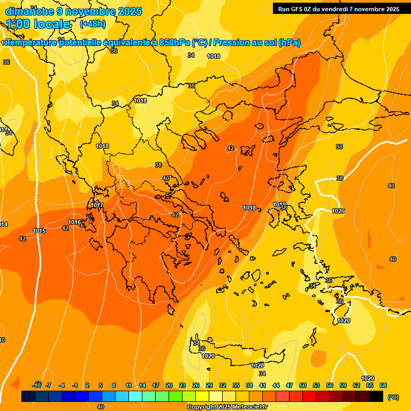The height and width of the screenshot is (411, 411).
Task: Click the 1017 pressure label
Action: (97, 205)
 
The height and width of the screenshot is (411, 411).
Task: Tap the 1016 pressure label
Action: (74, 222)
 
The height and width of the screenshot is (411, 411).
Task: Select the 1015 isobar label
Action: (39, 231)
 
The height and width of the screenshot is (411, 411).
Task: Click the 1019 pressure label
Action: (279, 204)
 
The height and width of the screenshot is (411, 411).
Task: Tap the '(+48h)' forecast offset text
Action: (93, 24)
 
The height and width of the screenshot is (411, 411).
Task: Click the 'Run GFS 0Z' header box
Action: (339, 9)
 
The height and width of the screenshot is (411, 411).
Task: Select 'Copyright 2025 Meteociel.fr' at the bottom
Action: (227, 407)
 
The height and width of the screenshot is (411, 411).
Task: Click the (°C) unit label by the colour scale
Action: (393, 397)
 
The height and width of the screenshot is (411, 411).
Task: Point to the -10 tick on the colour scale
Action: (36, 385)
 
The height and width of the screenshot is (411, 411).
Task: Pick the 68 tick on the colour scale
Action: (383, 385)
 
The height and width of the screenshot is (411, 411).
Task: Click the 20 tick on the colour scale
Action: (169, 385)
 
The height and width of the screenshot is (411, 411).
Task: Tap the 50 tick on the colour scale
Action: (303, 385)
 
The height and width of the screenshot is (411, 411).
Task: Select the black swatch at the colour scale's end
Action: (376, 396)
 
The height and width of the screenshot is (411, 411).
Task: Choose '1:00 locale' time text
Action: (39, 24)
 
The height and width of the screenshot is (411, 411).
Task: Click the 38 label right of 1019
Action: (284, 208)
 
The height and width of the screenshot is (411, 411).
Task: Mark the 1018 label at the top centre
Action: (214, 56)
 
